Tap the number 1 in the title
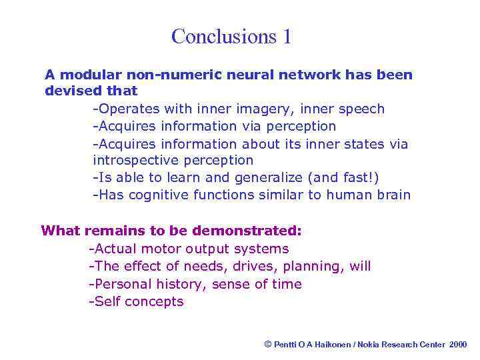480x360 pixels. point(287,36)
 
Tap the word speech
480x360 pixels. point(363,109)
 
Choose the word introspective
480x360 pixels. point(136,160)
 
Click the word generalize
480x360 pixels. point(268,177)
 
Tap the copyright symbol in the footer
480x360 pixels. point(268,344)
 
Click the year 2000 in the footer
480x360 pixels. point(458,344)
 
